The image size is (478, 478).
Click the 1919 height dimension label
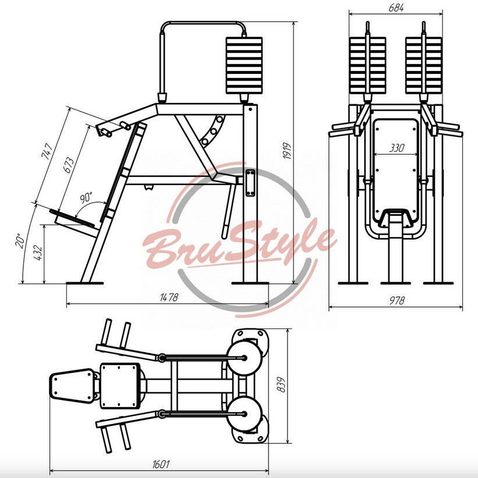[287, 151]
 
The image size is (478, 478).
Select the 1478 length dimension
[169, 298]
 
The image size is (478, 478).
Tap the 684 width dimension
[396, 8]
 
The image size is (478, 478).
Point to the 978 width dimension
[397, 301]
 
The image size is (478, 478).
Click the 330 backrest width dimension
[396, 148]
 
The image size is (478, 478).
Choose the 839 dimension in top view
[281, 385]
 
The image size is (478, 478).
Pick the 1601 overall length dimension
[161, 464]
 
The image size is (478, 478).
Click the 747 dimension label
[47, 151]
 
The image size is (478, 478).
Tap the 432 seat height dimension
[37, 253]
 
